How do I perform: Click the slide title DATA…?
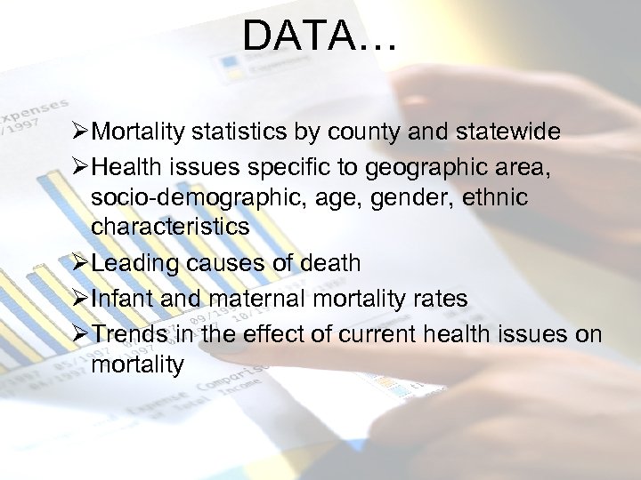(x=320, y=36)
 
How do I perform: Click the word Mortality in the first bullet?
(x=134, y=132)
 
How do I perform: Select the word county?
(x=361, y=132)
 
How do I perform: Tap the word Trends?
(x=129, y=334)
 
